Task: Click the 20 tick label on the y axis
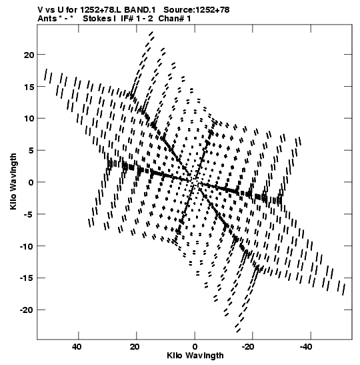tap(29, 55)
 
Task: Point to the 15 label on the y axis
tap(29, 87)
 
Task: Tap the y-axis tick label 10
tap(29, 119)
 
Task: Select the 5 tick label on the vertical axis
tap(31, 151)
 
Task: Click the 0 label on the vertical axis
tap(31, 183)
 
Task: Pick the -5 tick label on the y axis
tap(29, 214)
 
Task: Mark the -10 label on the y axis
tap(27, 246)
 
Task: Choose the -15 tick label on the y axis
tap(27, 278)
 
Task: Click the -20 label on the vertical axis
tap(27, 310)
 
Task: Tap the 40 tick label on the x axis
tap(77, 347)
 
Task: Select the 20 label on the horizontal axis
tap(135, 347)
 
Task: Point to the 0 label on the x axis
tap(195, 347)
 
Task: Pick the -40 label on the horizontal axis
tap(306, 347)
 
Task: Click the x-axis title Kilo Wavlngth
tap(195, 356)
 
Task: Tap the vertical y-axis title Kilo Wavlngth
tap(13, 181)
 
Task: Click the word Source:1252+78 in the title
tap(196, 10)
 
